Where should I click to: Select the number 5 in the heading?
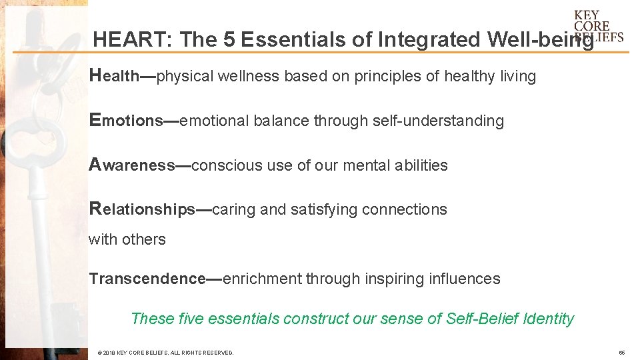[x=229, y=40]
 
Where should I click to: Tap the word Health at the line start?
[x=114, y=76]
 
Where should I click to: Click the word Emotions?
[x=126, y=121]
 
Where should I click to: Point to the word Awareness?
[x=131, y=165]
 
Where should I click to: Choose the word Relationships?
[x=142, y=209]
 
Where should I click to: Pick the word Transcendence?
[x=147, y=279]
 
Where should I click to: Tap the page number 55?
[x=621, y=353]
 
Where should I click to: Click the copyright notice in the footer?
[x=165, y=353]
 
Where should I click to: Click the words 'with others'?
[x=127, y=239]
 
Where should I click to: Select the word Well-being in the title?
[x=540, y=40]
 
